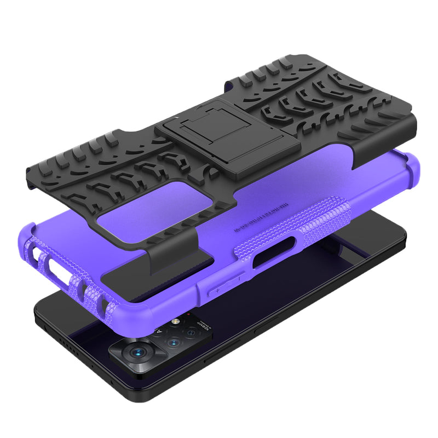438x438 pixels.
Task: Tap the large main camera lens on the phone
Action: (x=138, y=353)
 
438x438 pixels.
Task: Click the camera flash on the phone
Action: (x=176, y=321)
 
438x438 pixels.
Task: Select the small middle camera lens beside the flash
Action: (x=173, y=343)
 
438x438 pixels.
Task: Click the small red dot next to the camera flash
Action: (x=188, y=314)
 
